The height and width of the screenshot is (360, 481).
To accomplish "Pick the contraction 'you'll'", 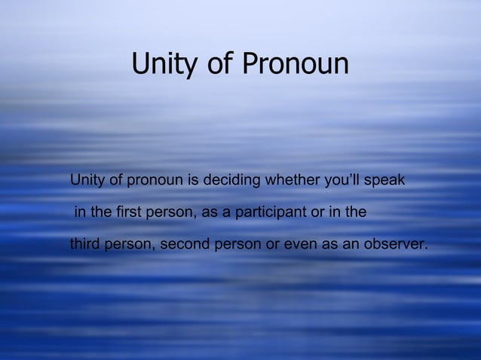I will (339, 182).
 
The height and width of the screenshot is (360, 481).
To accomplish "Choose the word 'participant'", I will (271, 214).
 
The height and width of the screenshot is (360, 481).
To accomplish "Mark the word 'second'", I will (185, 246).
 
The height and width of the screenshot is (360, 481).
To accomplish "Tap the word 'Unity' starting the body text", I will (86, 182).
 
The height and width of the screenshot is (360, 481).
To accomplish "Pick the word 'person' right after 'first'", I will (173, 214).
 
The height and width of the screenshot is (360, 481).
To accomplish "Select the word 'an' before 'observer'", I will (353, 246).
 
